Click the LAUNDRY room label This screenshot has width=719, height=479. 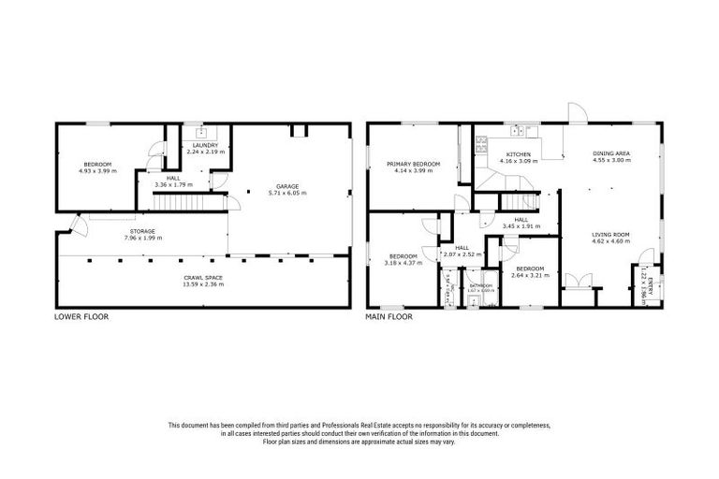point(205,146)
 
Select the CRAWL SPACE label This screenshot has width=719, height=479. point(202,277)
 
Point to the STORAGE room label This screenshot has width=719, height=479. point(142,231)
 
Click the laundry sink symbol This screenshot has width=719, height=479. point(200,134)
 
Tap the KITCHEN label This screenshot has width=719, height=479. point(519,154)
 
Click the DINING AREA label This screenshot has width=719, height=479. point(610,152)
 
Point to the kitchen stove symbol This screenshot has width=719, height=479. point(482,144)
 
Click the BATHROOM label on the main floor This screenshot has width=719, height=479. point(480,285)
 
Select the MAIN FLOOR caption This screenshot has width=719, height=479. point(389,317)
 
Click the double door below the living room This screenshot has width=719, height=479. point(580,280)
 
